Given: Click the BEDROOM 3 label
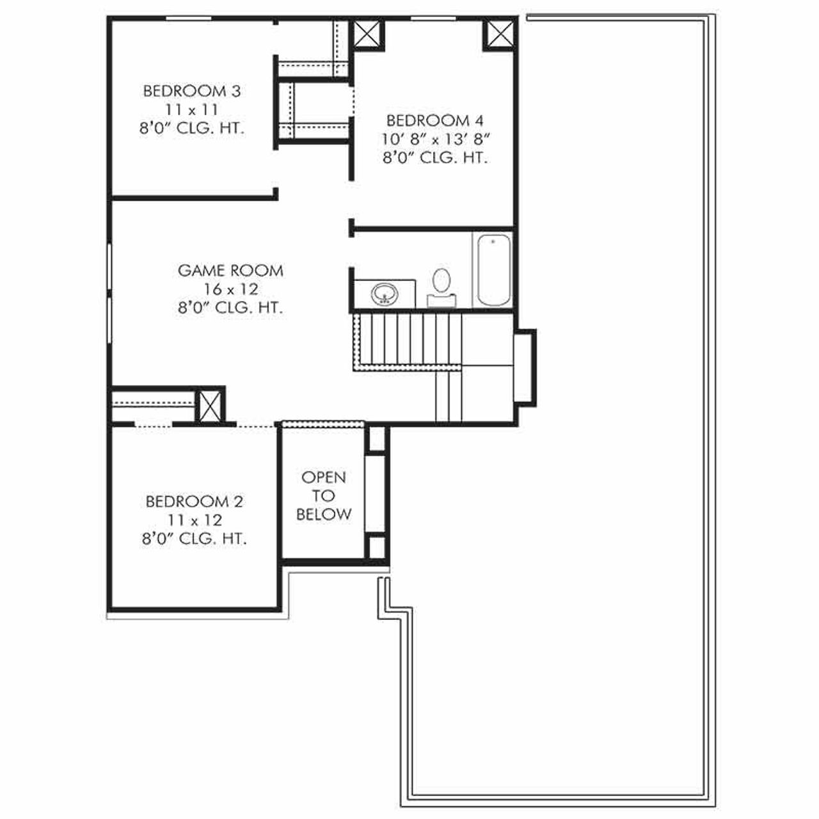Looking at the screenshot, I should coord(191,91).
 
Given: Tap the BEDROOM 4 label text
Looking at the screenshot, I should coord(435,120).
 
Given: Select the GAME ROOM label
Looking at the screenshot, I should coord(230,271).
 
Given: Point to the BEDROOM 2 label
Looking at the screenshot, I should coord(195,501).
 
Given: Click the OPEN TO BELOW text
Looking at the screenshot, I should coord(324,495).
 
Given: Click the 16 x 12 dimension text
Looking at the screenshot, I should coord(230,289).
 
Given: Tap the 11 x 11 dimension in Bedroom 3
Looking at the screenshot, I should coord(191,109).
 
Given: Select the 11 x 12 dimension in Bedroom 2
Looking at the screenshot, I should coord(195,520).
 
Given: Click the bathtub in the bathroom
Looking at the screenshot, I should coord(493,271).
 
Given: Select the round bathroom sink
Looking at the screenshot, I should coord(385,294).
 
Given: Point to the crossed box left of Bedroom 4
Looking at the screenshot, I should coord(367,33).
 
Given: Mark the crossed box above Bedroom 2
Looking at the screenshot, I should coord(210,406).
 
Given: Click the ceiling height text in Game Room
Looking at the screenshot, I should coord(230,308).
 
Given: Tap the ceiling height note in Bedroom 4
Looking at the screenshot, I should coord(435,157).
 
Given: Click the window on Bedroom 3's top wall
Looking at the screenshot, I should coord(188,19).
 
